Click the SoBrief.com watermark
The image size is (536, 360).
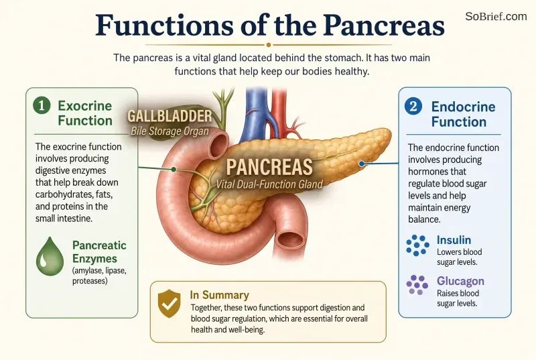coord(496,16)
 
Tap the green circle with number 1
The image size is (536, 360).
coord(42,106)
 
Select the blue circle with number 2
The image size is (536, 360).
coord(413,106)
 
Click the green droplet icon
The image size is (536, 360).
coord(50,256)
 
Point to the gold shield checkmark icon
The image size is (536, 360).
coord(170,303)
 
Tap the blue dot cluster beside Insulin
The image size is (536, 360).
coord(417,245)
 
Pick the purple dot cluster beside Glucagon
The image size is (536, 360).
coord(417,284)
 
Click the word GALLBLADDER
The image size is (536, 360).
coord(170,116)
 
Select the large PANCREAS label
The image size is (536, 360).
coord(269,167)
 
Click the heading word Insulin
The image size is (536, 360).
coord(454,240)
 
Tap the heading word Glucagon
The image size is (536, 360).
coord(460,281)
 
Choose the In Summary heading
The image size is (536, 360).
coord(220,295)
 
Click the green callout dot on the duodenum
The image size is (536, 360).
coord(174,169)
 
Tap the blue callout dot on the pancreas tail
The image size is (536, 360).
coord(362,164)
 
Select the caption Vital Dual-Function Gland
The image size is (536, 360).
coord(269,184)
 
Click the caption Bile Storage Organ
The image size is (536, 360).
coord(170,131)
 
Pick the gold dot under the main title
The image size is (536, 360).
coord(269,45)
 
